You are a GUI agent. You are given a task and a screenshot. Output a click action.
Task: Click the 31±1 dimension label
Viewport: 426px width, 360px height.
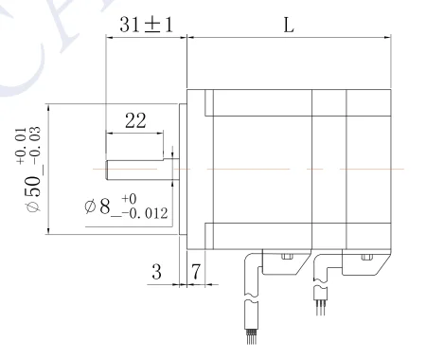147,25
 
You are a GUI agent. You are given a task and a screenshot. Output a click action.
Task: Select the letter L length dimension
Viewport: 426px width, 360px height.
289,25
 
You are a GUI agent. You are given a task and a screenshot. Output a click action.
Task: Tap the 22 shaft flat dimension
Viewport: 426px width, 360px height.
135,120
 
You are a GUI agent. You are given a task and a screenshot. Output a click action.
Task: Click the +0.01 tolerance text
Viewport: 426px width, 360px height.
21,146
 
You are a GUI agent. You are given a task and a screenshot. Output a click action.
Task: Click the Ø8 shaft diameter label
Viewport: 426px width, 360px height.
98,207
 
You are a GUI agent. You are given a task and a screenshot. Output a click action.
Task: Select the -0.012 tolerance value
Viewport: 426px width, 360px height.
145,213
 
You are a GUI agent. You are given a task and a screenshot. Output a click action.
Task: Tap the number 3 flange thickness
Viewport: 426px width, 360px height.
156,272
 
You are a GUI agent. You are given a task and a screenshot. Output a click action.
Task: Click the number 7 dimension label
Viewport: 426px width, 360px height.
196,272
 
